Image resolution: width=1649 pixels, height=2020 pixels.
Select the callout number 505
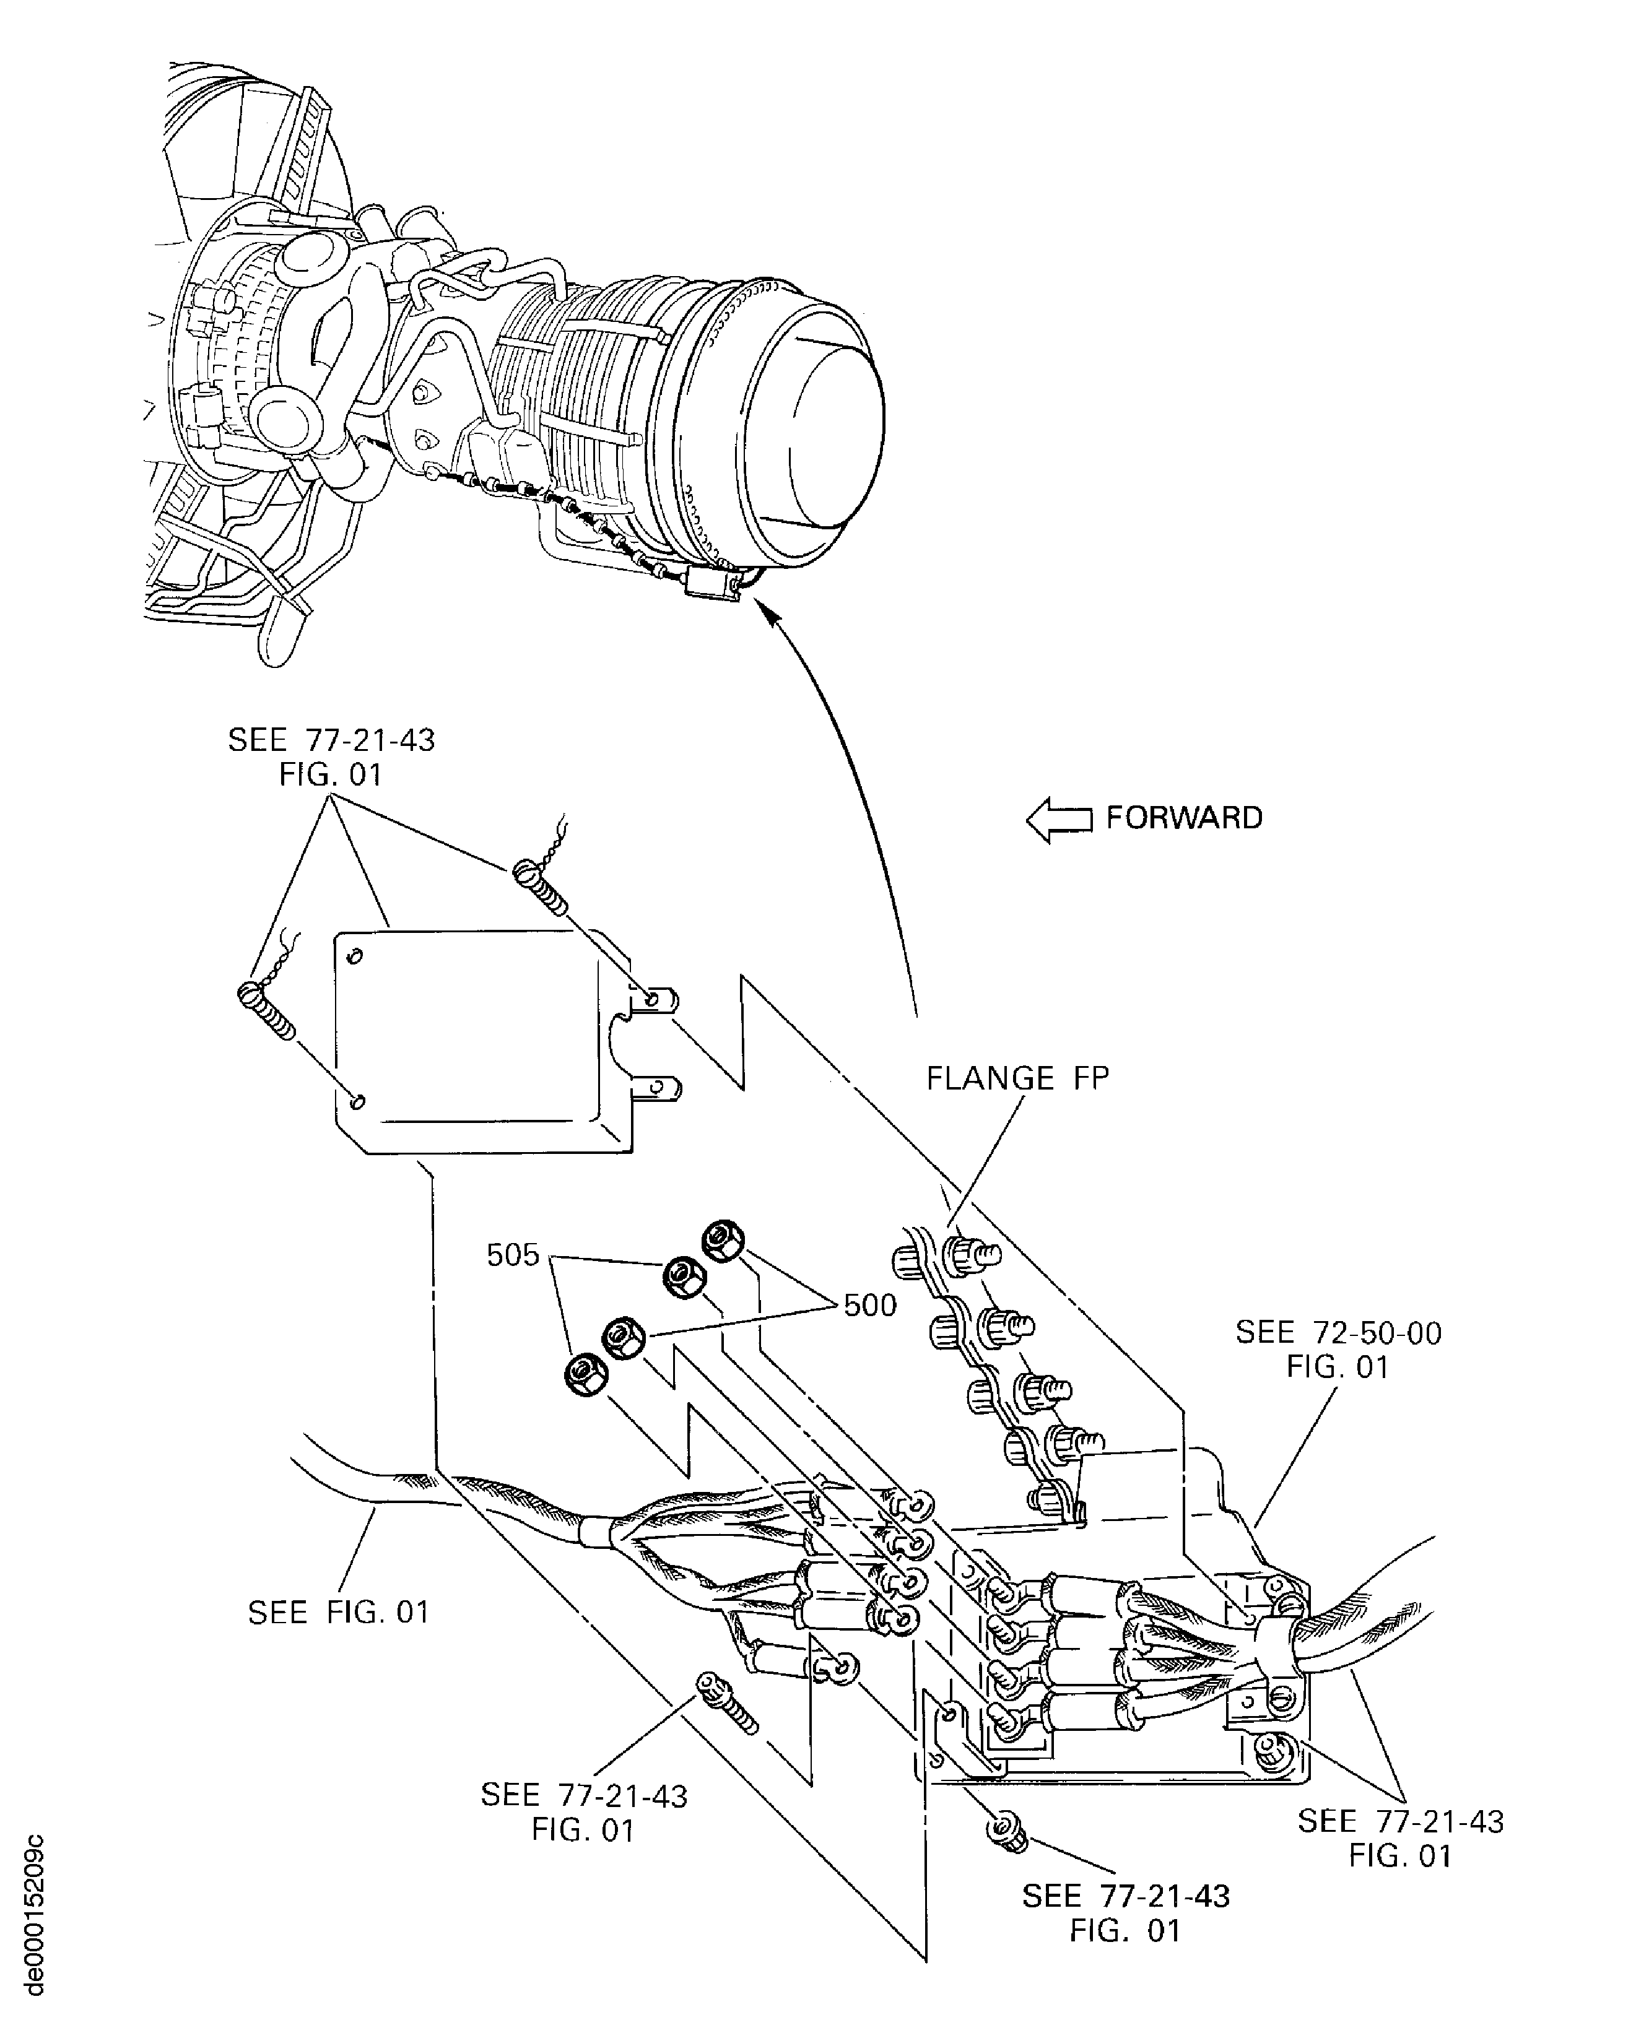pos(512,1255)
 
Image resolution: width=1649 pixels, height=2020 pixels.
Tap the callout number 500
pos(870,1305)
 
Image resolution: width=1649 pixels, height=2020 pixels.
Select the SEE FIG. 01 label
pos(338,1613)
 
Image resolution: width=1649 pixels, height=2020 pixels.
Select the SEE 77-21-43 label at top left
pos(331,757)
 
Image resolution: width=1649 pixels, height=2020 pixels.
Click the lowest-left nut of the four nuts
pos(581,1375)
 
